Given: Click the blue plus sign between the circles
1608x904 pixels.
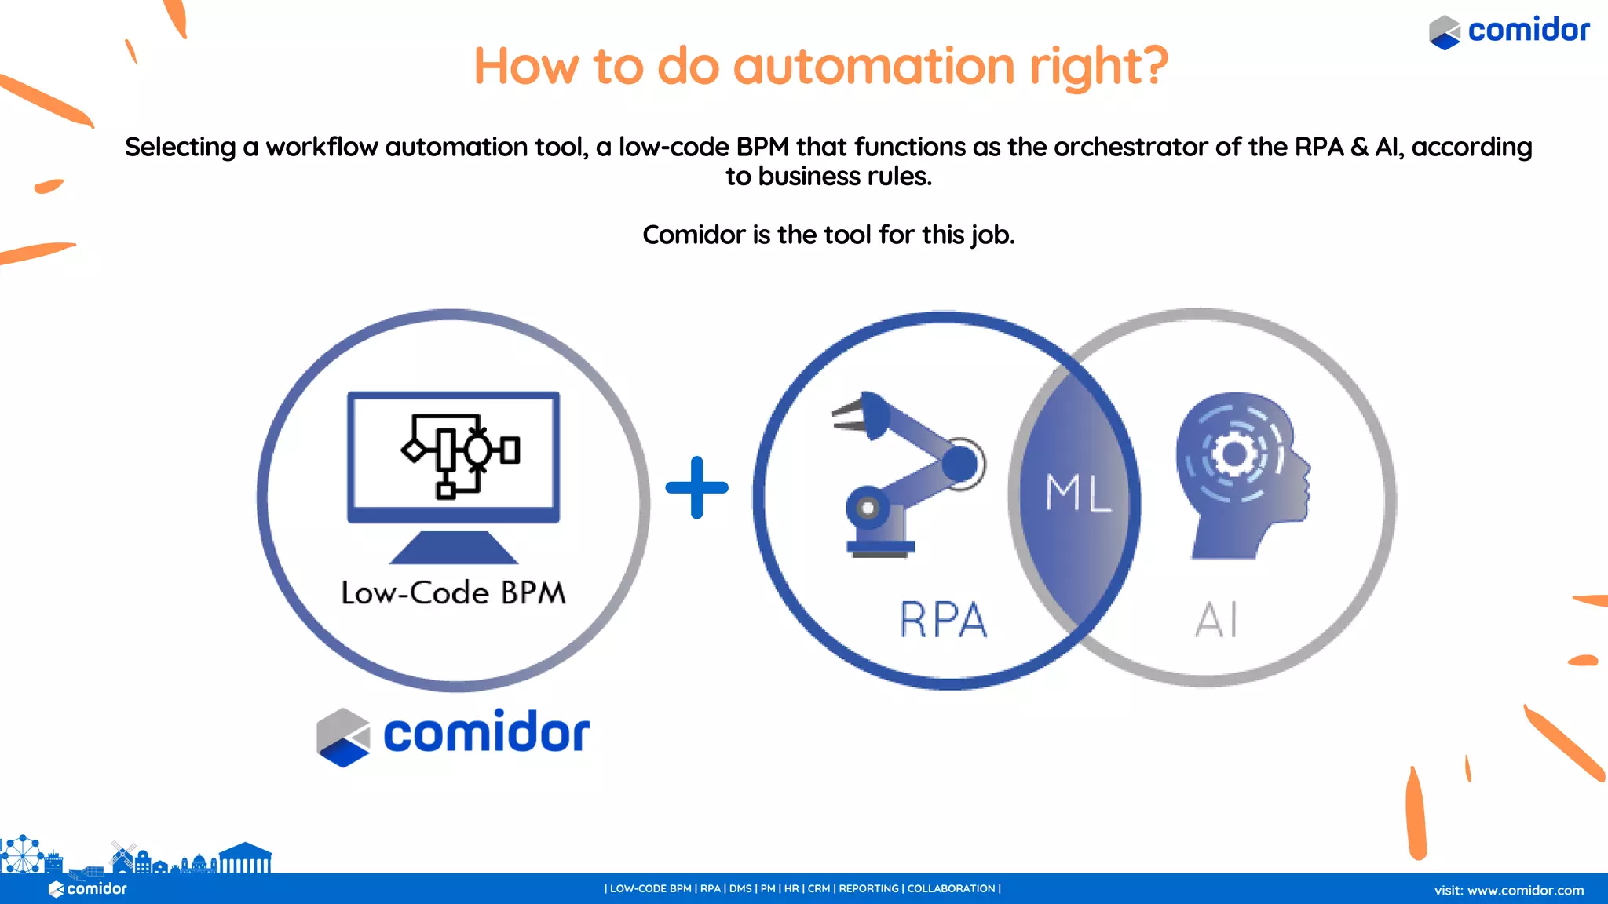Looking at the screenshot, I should pyautogui.click(x=696, y=487).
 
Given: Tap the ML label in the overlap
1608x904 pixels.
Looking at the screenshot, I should pyautogui.click(x=1078, y=493).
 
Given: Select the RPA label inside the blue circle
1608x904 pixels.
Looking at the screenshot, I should pyautogui.click(x=943, y=620).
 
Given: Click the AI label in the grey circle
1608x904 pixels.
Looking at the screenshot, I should pyautogui.click(x=1216, y=620).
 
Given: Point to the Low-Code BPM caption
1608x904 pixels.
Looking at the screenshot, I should pyautogui.click(x=453, y=593).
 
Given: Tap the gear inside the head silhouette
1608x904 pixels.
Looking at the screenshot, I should pyautogui.click(x=1233, y=454).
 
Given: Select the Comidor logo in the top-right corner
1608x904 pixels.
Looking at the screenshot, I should pyautogui.click(x=1509, y=31).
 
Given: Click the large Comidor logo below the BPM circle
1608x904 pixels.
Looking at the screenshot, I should pyautogui.click(x=453, y=734).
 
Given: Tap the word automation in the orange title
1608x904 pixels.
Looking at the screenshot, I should pyautogui.click(x=873, y=66).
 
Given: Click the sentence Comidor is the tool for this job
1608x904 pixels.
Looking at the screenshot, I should pyautogui.click(x=828, y=235).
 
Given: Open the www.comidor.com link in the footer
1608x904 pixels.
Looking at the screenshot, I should pyautogui.click(x=1525, y=890).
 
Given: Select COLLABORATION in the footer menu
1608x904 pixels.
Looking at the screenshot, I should pyautogui.click(x=951, y=888).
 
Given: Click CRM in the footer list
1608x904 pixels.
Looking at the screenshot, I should pyautogui.click(x=818, y=888).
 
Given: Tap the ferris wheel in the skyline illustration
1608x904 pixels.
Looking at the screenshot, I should pyautogui.click(x=22, y=854).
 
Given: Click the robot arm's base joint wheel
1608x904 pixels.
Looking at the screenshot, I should pyautogui.click(x=867, y=508).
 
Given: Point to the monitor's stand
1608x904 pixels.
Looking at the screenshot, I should pyautogui.click(x=454, y=547).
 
